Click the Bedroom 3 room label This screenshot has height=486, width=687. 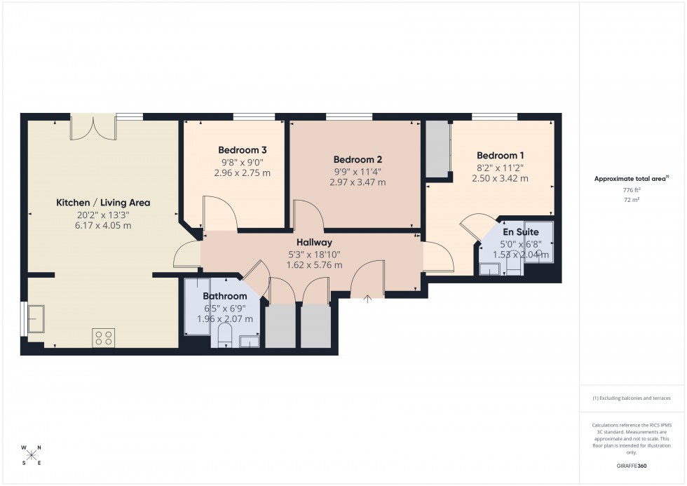click(x=242, y=150)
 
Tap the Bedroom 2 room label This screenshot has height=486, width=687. click(x=358, y=159)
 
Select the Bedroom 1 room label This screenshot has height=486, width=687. click(x=500, y=156)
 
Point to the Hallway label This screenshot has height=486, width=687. click(x=314, y=242)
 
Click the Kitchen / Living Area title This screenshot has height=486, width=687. click(x=103, y=203)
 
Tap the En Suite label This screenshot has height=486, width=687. click(x=521, y=232)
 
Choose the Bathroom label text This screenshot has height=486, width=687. click(x=225, y=297)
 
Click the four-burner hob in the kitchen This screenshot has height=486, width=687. click(x=103, y=338)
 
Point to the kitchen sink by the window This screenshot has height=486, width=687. click(x=36, y=319)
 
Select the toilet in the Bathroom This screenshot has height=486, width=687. click(x=225, y=337)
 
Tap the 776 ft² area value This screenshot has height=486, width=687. click(x=632, y=190)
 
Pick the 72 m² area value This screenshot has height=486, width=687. click(x=632, y=200)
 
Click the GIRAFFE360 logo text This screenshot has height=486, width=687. click(x=632, y=465)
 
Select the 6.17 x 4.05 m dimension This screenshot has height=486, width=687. click(x=103, y=226)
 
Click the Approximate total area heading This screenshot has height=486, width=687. click(x=631, y=178)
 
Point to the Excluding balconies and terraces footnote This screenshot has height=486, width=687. click(x=632, y=398)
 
